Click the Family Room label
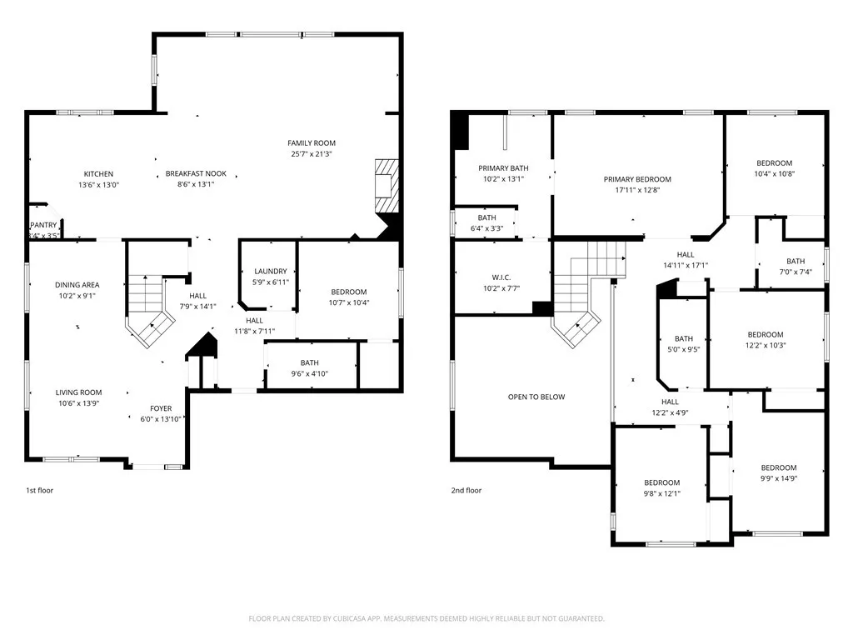coord(312,143)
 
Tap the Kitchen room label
coord(98,174)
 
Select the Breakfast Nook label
coord(196,173)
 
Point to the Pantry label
coord(43,225)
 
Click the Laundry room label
coord(271,271)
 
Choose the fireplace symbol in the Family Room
coord(387,186)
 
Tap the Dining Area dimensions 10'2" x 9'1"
coord(77,296)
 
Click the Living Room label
coord(78,392)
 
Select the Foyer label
coord(161,408)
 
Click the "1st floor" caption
coord(40,490)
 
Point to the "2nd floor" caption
coord(466,490)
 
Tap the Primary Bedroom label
coord(637,179)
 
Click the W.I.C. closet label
coord(501,277)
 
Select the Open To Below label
coord(536,397)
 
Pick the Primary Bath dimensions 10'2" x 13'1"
coord(503,179)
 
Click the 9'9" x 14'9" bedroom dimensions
coord(779,478)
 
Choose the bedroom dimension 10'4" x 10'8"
coord(774,174)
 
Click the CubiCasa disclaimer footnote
coord(426,619)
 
